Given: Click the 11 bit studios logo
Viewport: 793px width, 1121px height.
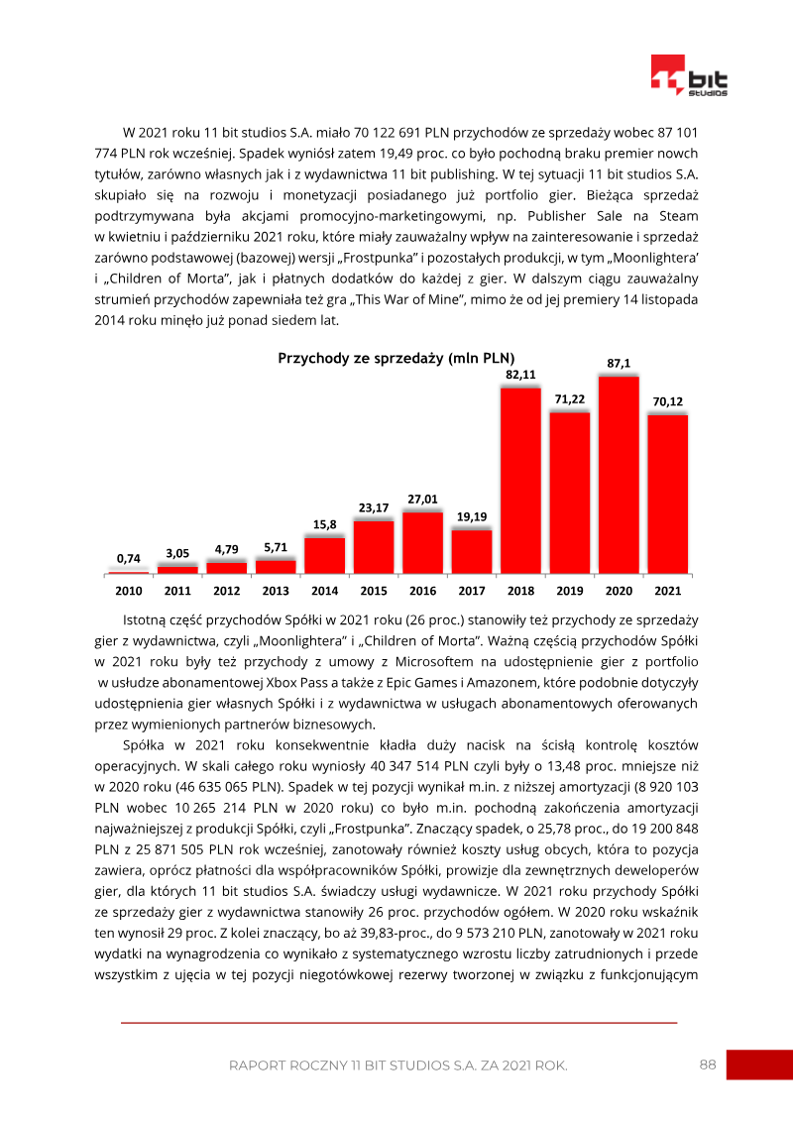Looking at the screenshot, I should [x=689, y=76].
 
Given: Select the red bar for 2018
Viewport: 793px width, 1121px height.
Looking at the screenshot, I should [x=520, y=480].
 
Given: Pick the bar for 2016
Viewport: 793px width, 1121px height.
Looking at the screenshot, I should [x=422, y=542].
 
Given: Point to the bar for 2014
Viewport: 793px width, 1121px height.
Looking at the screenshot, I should [x=324, y=555].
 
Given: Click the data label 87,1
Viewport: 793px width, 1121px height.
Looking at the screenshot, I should [x=619, y=364].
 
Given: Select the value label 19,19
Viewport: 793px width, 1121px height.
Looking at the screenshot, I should [x=472, y=517].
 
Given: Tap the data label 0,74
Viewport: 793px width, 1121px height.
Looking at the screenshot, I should [x=128, y=559].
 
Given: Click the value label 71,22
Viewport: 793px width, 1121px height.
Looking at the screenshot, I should [x=569, y=398].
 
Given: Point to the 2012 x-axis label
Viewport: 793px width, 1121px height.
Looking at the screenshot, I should [x=226, y=591].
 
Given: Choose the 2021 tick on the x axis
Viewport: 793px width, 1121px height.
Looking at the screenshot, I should [x=667, y=591].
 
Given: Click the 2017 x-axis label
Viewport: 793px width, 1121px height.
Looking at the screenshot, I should [x=472, y=591].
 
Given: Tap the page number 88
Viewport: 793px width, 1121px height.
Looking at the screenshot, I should [x=707, y=1065].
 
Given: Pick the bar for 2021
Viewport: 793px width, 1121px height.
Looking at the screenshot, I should [x=667, y=494].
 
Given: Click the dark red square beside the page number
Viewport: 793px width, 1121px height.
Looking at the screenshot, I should [x=759, y=1065].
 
